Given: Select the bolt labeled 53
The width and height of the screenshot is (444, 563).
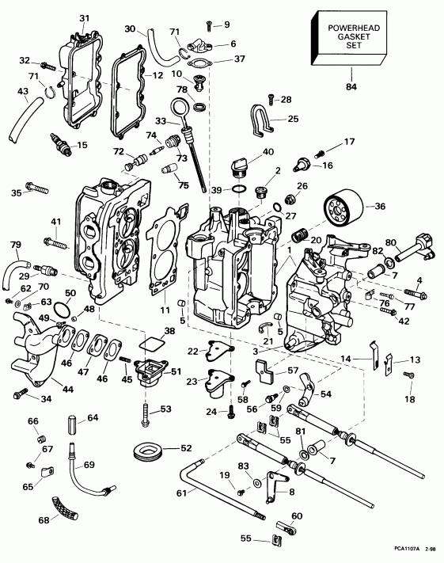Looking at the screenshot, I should [x=146, y=411].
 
